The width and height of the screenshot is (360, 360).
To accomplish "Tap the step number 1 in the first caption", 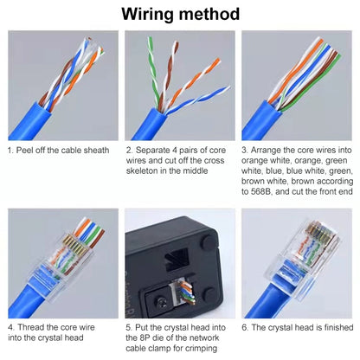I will (x=10, y=150).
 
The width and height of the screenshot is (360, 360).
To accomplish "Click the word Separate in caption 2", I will (x=152, y=150).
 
